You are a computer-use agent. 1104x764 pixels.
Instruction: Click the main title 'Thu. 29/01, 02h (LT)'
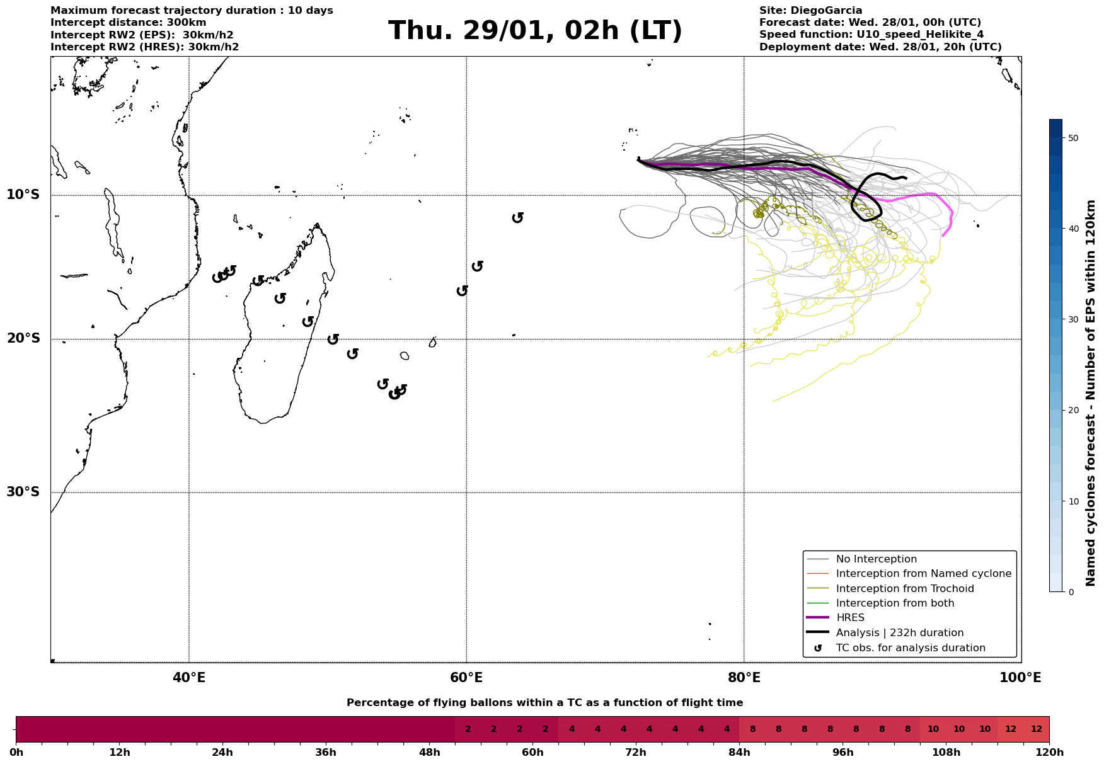pos(535,31)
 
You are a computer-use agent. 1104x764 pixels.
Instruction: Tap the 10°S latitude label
pos(23,195)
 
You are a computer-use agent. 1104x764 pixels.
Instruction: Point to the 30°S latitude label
pos(23,492)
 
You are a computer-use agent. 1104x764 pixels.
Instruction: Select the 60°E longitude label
pos(466,678)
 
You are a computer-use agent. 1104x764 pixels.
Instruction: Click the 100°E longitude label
pos(1021,678)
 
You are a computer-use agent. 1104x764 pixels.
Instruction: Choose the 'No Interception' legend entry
pos(876,559)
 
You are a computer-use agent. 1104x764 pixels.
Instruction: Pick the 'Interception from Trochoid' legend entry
pos(904,589)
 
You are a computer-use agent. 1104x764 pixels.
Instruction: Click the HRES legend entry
pos(850,618)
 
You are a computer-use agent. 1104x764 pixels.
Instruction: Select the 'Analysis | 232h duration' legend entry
pos(899,633)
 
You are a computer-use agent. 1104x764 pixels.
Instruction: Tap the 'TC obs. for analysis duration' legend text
pos(911,648)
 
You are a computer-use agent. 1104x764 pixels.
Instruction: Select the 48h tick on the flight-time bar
pos(429,753)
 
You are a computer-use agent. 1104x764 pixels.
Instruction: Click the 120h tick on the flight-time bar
pos(1048,753)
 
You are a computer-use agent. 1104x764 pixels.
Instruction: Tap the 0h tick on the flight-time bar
pos(16,753)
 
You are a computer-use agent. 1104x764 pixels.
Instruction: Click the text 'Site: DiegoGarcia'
pos(810,11)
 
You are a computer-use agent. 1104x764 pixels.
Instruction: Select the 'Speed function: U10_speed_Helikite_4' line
pos(871,35)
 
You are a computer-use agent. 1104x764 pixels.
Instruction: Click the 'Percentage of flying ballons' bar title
pos(544,703)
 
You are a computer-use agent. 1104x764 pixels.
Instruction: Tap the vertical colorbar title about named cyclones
pos(1091,393)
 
